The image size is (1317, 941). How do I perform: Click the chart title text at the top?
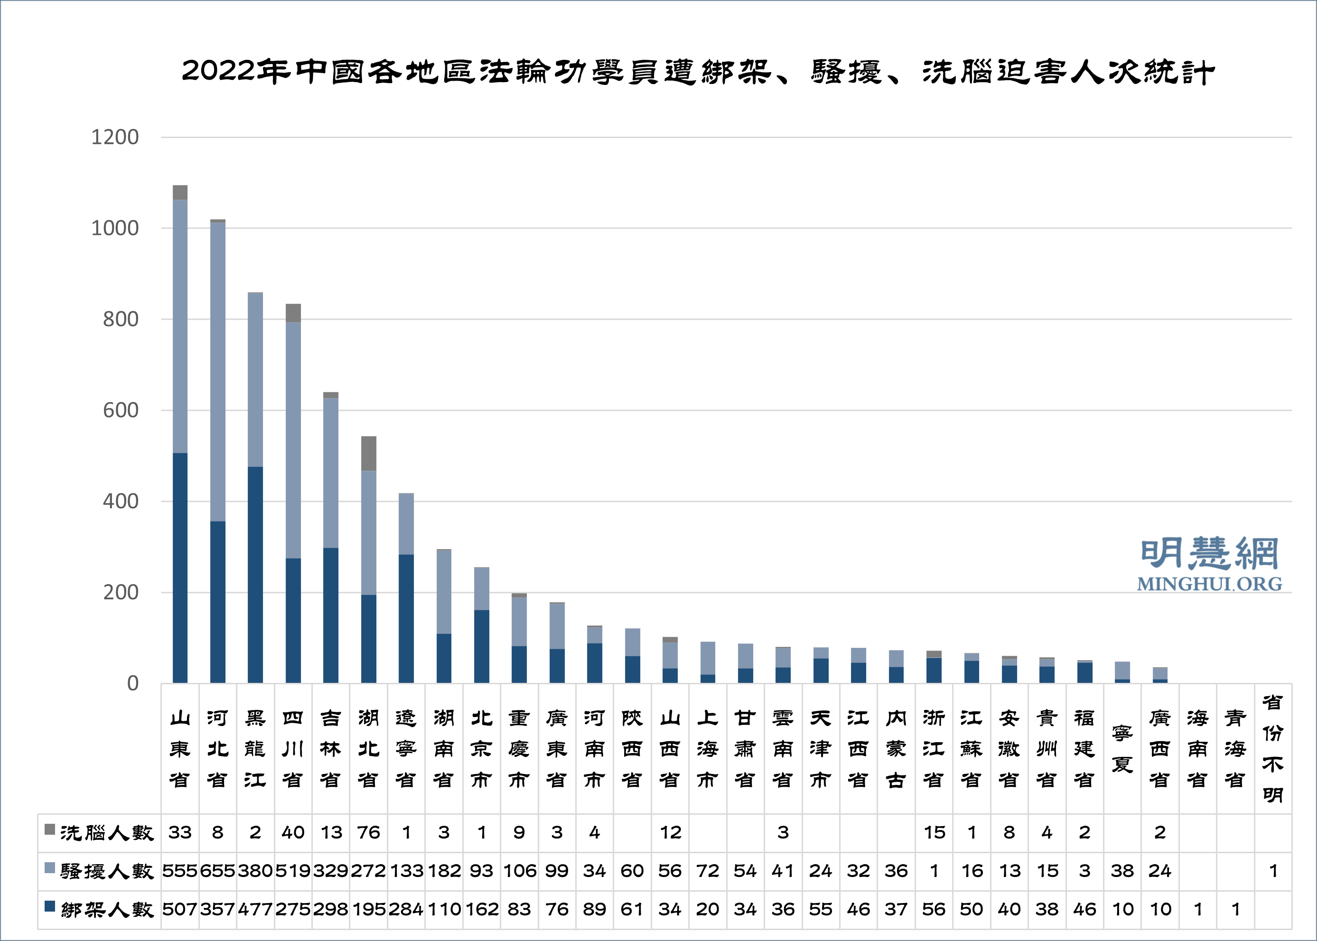click(x=698, y=72)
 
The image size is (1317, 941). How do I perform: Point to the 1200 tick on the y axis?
click(x=115, y=137)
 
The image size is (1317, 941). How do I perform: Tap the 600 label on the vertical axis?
click(x=121, y=410)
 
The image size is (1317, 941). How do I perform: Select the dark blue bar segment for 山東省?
click(x=180, y=568)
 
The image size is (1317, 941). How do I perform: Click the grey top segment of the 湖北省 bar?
click(x=368, y=454)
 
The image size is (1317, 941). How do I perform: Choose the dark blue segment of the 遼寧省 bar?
click(x=406, y=619)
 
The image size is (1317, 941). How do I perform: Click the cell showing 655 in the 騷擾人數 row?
click(x=218, y=871)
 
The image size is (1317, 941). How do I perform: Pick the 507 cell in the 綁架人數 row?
click(x=179, y=909)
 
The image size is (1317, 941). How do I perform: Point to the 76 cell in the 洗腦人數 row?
click(x=368, y=833)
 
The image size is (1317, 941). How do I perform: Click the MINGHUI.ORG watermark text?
click(x=1209, y=584)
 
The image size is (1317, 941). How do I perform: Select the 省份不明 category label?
click(x=1272, y=749)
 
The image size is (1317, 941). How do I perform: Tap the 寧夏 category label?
click(x=1122, y=749)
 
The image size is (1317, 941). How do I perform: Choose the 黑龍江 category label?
click(x=255, y=749)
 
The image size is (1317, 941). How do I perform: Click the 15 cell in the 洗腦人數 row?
click(x=934, y=833)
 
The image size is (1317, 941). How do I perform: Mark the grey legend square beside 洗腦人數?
click(x=50, y=829)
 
